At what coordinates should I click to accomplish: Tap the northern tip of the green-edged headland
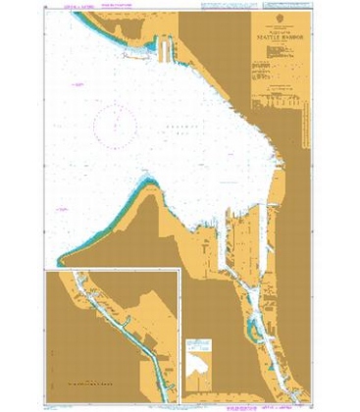pos(147,182)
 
